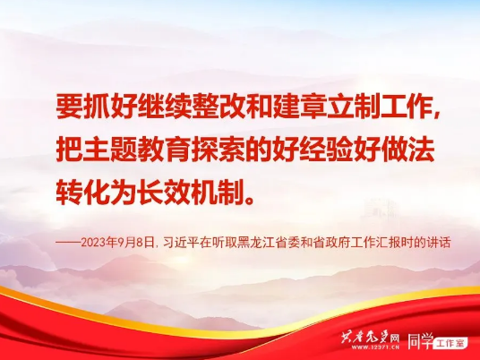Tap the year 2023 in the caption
pyautogui.click(x=93, y=243)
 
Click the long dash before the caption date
pyautogui.click(x=68, y=243)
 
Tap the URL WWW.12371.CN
pyautogui.click(x=375, y=347)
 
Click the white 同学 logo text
pyautogui.click(x=421, y=340)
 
